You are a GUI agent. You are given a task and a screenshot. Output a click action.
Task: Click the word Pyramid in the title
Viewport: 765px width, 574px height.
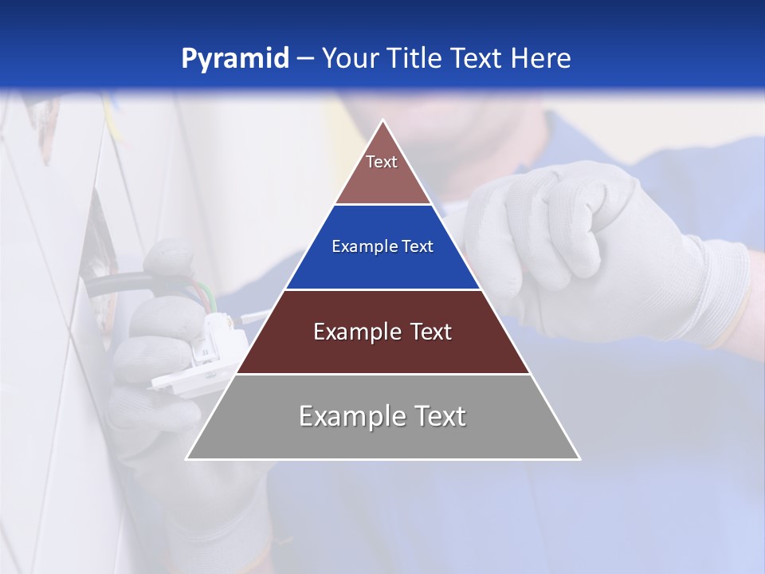pos(235,59)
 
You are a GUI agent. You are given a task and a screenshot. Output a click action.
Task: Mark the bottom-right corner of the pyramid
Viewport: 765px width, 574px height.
pos(579,458)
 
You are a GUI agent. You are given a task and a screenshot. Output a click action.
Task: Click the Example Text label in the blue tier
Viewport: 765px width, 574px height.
pos(382,247)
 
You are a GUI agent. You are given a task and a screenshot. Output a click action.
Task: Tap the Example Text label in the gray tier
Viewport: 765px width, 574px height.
pos(382,416)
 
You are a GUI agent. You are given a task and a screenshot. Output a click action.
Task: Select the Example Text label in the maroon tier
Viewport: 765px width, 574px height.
pos(382,332)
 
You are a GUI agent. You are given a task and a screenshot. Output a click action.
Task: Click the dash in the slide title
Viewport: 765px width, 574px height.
pos(305,59)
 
